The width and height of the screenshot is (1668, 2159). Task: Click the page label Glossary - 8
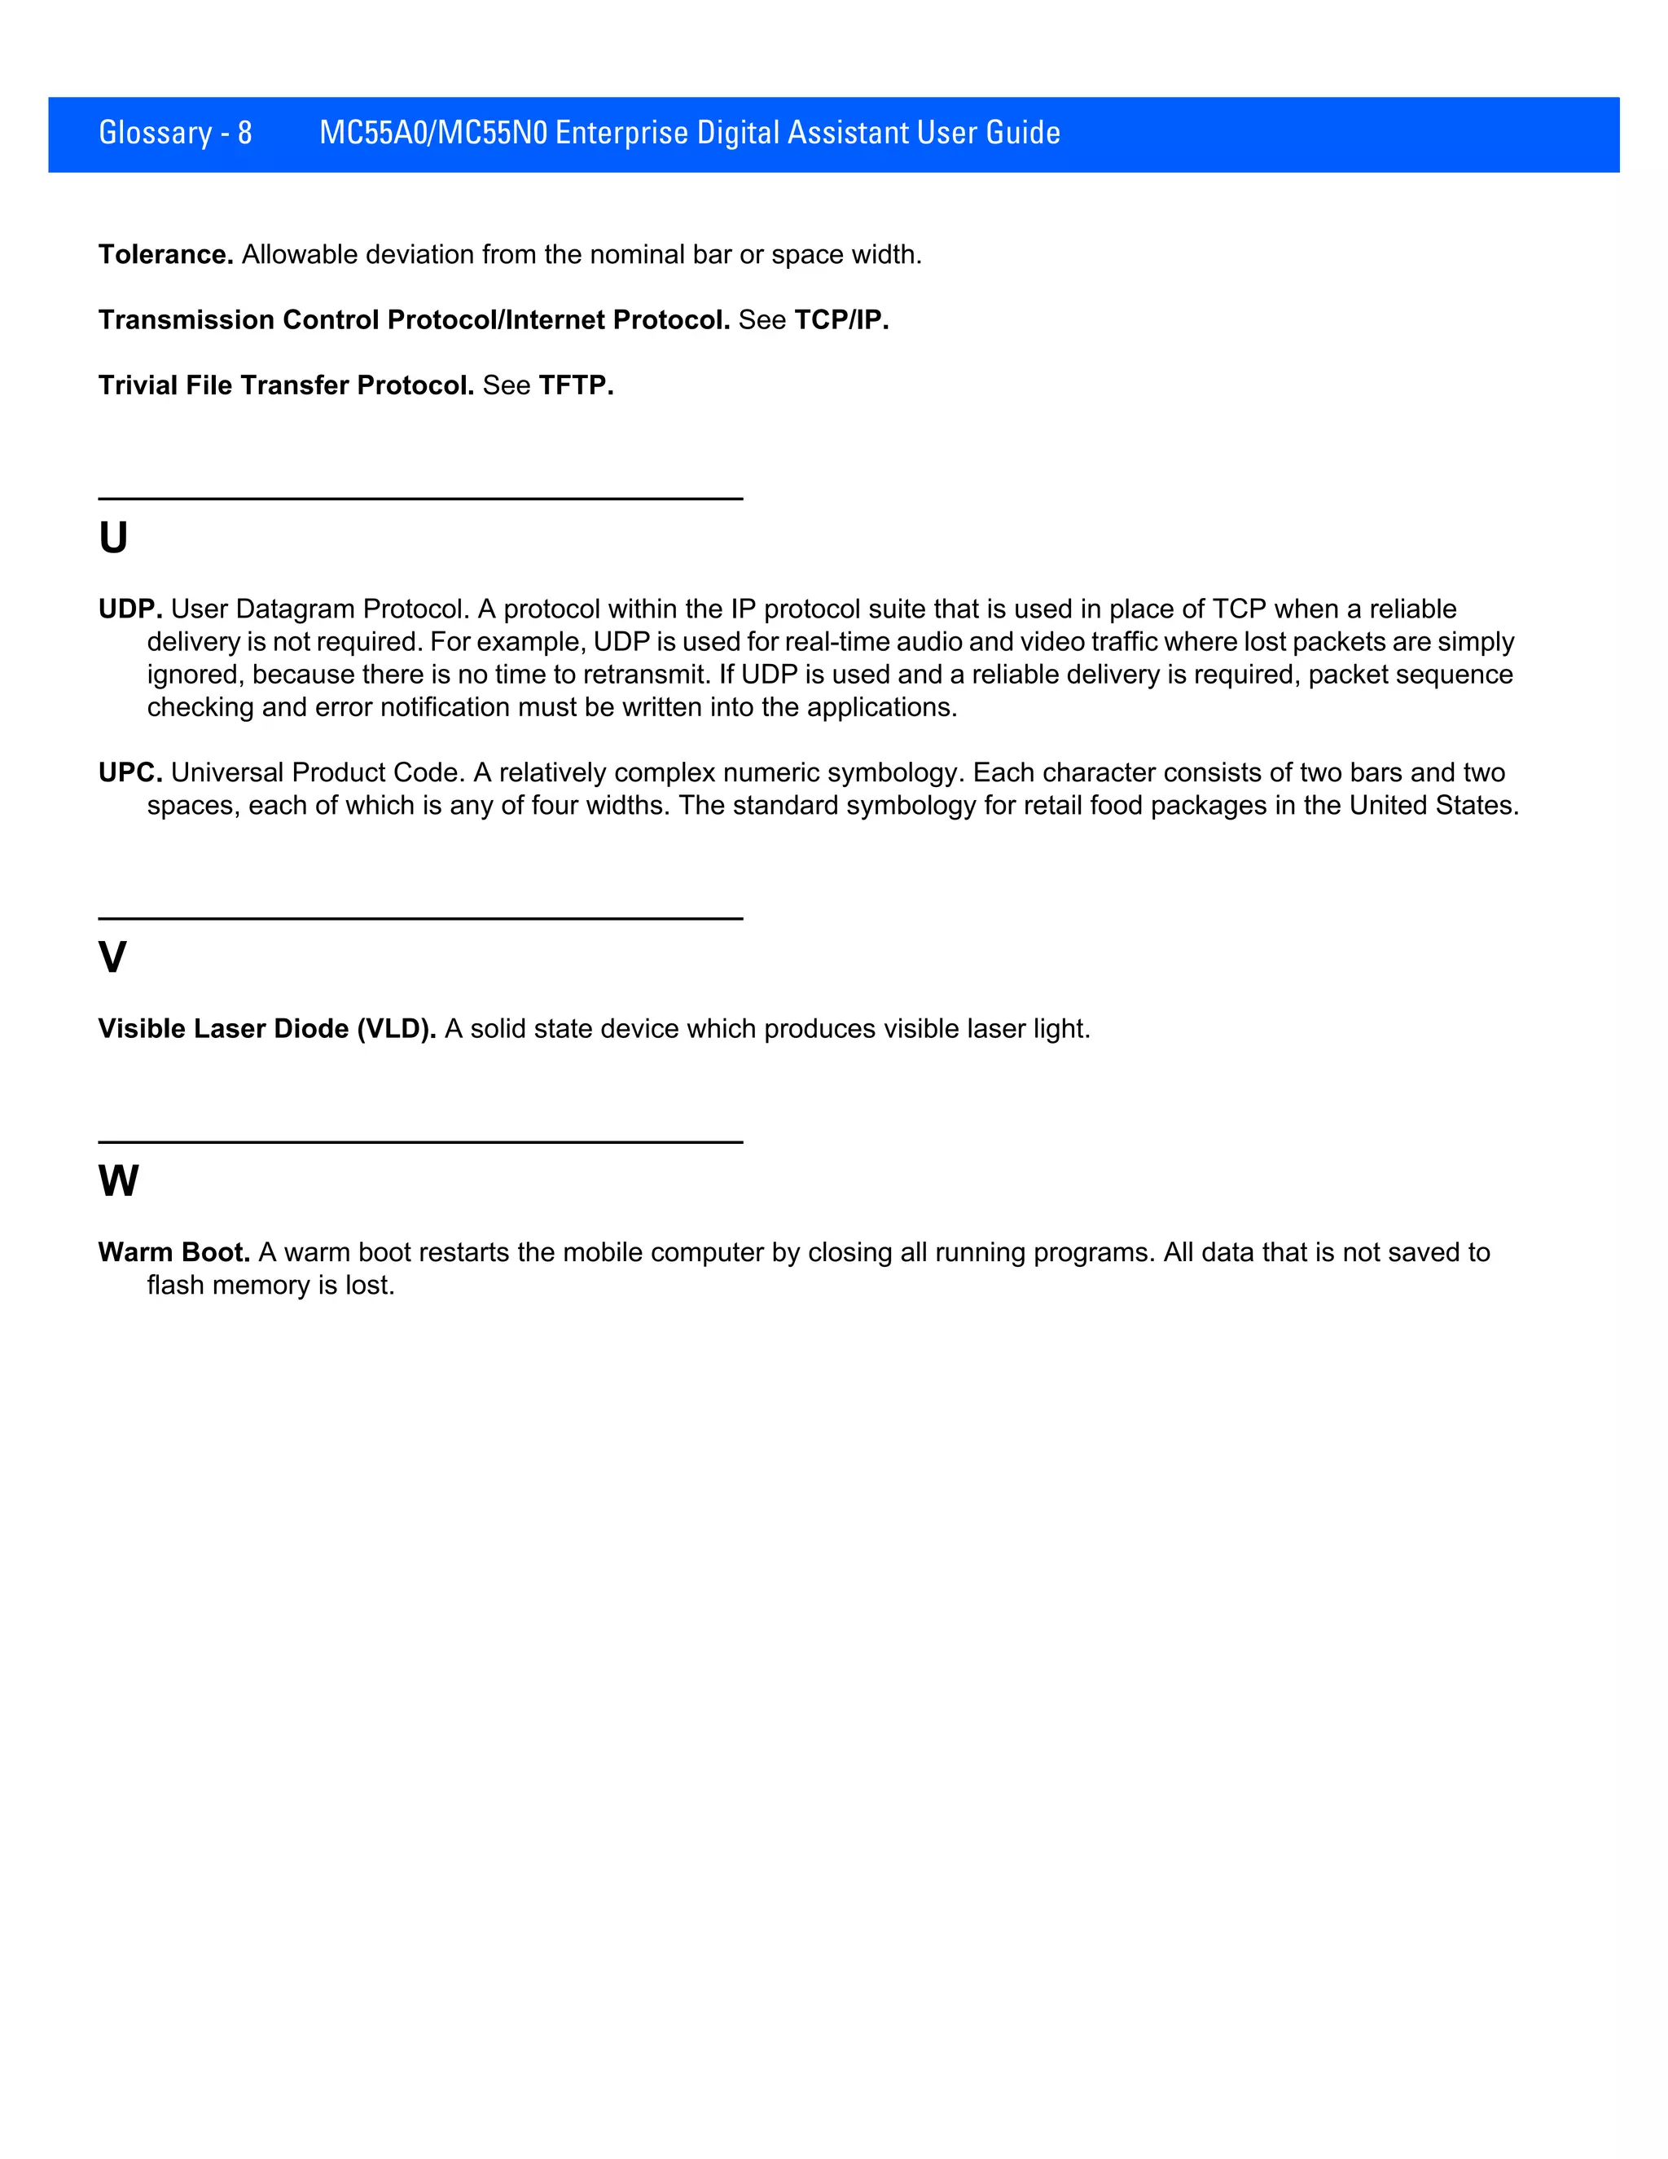tap(175, 133)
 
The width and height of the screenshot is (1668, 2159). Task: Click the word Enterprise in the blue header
tap(621, 133)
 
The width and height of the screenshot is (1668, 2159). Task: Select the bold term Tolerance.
tap(165, 255)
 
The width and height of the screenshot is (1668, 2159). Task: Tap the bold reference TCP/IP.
tap(841, 320)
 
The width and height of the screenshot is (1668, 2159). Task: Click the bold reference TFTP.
tap(576, 385)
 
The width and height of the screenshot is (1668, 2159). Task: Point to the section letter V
tap(112, 957)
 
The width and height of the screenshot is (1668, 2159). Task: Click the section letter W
tap(119, 1181)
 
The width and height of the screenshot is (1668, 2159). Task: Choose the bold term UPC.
tap(129, 773)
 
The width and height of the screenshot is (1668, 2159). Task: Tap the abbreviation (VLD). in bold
tap(397, 1029)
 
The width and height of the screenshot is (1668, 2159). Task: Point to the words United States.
tap(1433, 806)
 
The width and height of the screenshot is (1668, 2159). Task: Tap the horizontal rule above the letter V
tap(420, 918)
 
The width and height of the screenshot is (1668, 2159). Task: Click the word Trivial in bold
tap(138, 385)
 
